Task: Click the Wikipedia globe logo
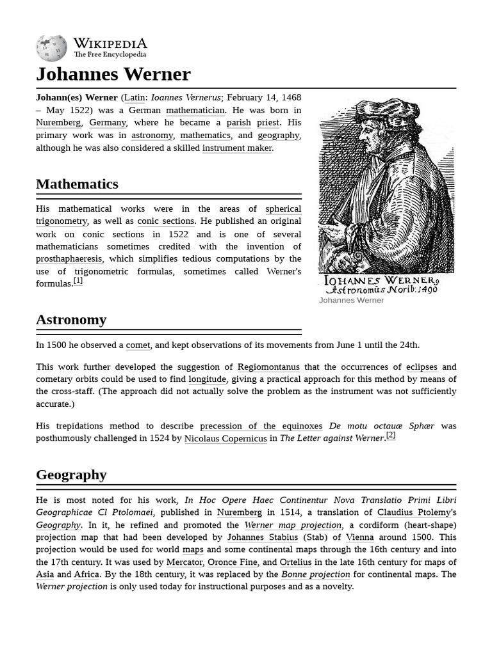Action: tap(51, 48)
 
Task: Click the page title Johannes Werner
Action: tap(113, 74)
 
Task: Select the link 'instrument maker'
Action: tap(237, 148)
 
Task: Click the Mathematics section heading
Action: tap(77, 184)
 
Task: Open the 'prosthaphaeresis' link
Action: tap(69, 259)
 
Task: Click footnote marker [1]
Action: tap(78, 281)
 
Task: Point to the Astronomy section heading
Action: tap(71, 320)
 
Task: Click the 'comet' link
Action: tap(138, 345)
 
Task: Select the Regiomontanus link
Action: tap(268, 367)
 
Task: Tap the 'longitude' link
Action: tap(207, 379)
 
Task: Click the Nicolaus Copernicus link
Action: tap(225, 439)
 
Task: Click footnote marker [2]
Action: tap(391, 436)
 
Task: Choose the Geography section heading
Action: tap(71, 475)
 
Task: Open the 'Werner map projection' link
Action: tap(293, 525)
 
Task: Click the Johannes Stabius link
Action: tap(263, 537)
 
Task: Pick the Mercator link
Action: tap(184, 562)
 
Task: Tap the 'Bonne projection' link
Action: tap(315, 574)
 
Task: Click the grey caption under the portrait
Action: tap(351, 301)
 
